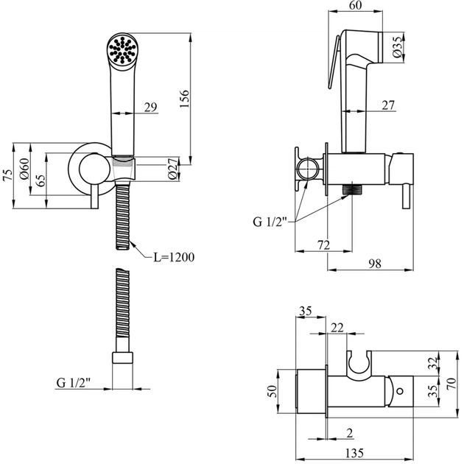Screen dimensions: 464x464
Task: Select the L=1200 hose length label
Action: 174,257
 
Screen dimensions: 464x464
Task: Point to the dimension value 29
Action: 150,108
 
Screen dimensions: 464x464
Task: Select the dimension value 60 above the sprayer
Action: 356,7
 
